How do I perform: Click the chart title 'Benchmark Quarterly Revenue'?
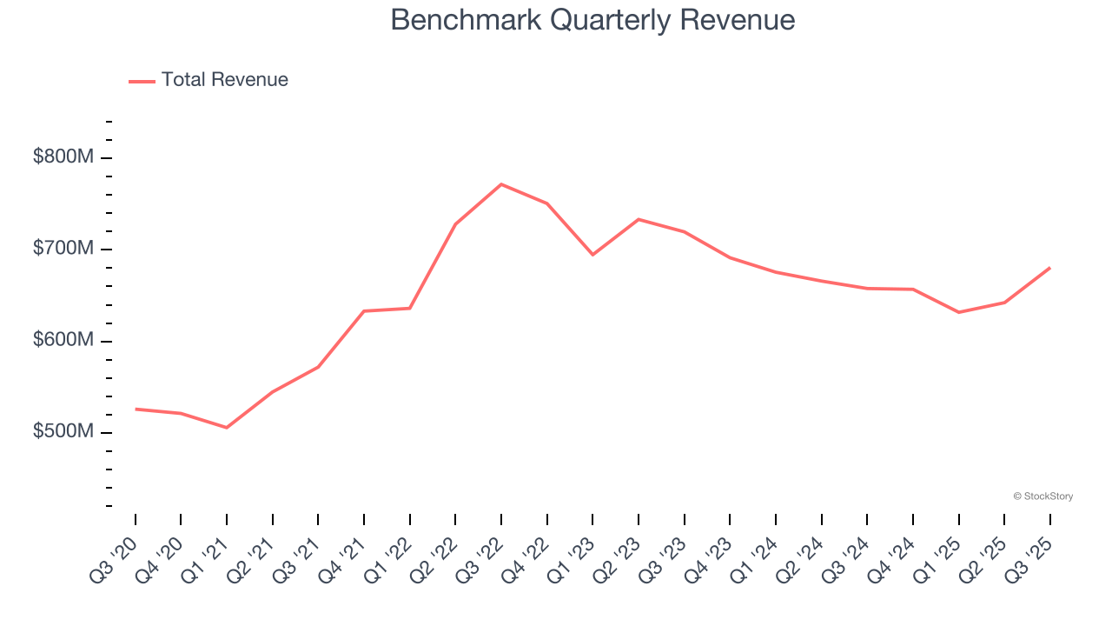(x=592, y=19)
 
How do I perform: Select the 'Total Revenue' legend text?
(x=224, y=80)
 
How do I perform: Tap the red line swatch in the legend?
(x=142, y=81)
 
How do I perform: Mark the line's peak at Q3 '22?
(x=501, y=184)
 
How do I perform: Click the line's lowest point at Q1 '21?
(x=227, y=428)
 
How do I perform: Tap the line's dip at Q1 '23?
(x=592, y=255)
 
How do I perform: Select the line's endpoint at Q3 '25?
(x=1050, y=268)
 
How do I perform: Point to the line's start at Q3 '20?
(x=136, y=409)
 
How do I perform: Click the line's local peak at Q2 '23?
(x=639, y=219)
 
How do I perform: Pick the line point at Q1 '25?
(x=959, y=312)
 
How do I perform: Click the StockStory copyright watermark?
(x=1042, y=496)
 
